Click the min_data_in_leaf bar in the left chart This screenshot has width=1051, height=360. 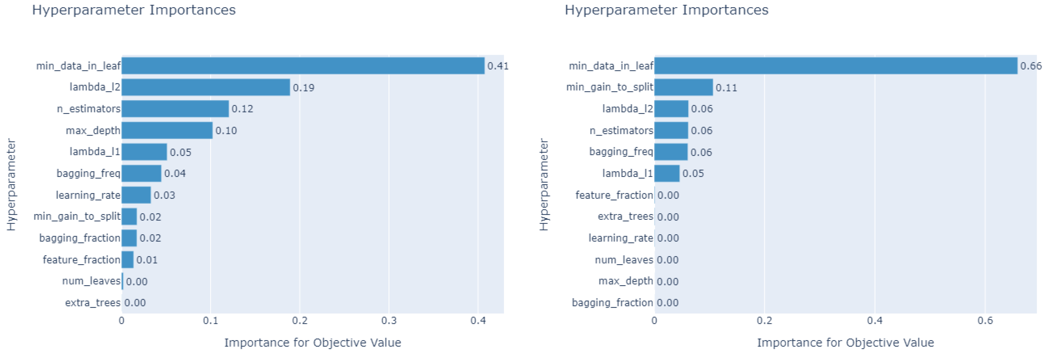coord(303,66)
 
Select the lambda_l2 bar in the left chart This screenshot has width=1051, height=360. coord(206,87)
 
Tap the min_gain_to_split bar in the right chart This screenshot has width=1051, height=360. coord(683,87)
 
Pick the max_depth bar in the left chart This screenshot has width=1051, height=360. coord(167,130)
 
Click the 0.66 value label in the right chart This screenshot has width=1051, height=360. coord(1030,66)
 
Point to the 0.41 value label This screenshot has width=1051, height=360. coord(498,66)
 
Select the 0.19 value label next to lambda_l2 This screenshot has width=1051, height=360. coord(304,88)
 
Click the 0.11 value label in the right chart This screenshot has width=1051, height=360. coord(726,88)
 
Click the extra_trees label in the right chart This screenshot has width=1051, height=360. coord(625,216)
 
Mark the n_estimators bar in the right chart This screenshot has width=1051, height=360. coord(671,130)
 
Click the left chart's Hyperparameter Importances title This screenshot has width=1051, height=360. coord(134,10)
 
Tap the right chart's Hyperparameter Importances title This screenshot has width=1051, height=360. coord(666,10)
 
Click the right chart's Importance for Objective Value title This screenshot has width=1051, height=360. coord(845,342)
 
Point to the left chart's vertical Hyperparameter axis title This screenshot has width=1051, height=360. coord(11,185)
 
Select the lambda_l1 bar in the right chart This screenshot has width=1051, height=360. coord(667,174)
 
